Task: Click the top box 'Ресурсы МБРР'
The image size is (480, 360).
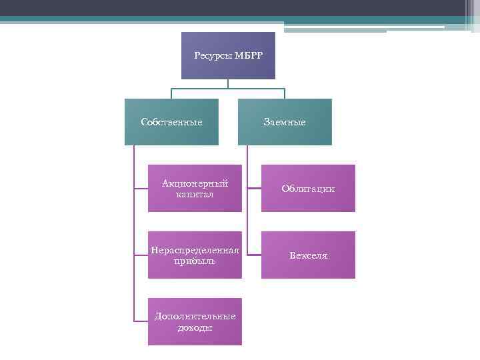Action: pyautogui.click(x=228, y=55)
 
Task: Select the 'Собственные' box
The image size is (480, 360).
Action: pyautogui.click(x=171, y=122)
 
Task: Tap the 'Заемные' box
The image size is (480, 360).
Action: pyautogui.click(x=285, y=122)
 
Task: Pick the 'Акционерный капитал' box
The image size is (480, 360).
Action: pyautogui.click(x=195, y=189)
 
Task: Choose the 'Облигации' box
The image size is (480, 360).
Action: pyautogui.click(x=308, y=189)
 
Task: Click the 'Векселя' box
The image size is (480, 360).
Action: pyautogui.click(x=308, y=255)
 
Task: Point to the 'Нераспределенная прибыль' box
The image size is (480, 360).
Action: pyautogui.click(x=195, y=255)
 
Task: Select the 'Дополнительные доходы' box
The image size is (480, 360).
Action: pyautogui.click(x=195, y=322)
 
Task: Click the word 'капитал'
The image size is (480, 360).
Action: pyautogui.click(x=195, y=194)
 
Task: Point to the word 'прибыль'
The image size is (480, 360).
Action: pyautogui.click(x=195, y=261)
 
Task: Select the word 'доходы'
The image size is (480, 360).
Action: pyautogui.click(x=195, y=327)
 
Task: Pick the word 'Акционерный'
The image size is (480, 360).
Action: pyautogui.click(x=195, y=183)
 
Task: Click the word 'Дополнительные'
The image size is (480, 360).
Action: pyautogui.click(x=195, y=316)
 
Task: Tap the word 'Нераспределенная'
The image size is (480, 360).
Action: pyautogui.click(x=195, y=250)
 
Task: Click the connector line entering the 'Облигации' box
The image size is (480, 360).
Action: pyautogui.click(x=254, y=189)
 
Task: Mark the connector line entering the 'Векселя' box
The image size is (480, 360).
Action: pyautogui.click(x=254, y=255)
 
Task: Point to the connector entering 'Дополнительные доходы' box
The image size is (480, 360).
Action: pyautogui.click(x=141, y=322)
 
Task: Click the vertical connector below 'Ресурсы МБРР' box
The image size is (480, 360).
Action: pyautogui.click(x=228, y=83)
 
